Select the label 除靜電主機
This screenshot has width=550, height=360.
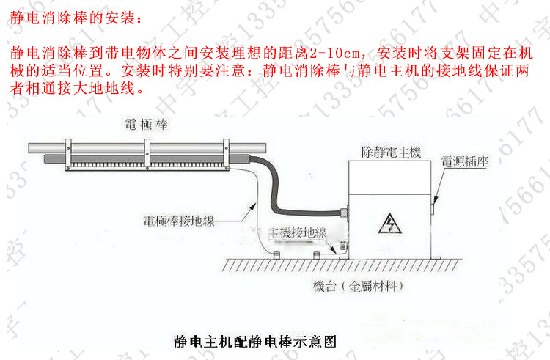(x=391, y=152)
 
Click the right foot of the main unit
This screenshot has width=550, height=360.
(x=435, y=255)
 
